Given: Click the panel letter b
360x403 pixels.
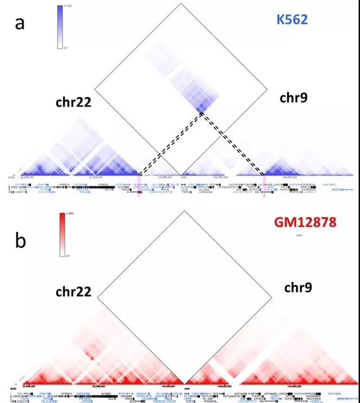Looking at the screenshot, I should point(21,240).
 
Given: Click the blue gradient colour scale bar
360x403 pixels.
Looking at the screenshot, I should point(60,27).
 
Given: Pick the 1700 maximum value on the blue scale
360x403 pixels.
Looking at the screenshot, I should point(71,6).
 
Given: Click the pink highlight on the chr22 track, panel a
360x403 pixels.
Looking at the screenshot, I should point(140,179).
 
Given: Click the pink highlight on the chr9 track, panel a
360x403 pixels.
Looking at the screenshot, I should point(264,179).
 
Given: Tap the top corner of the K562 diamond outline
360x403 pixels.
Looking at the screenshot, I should point(180,3).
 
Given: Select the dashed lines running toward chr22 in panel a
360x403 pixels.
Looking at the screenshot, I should point(169,144).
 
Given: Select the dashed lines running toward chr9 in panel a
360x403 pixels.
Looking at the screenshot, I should point(234,144).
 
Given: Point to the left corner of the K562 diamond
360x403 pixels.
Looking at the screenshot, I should point(94,88).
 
